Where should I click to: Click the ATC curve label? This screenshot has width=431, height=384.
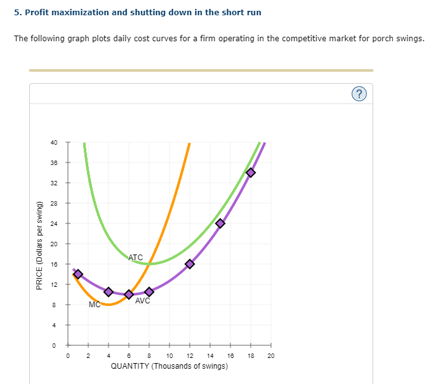click(136, 258)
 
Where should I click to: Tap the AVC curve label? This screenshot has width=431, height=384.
click(143, 301)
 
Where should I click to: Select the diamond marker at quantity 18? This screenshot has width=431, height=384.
click(251, 173)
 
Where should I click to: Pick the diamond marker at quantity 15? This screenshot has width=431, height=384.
click(220, 223)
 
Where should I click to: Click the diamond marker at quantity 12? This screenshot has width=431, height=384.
click(190, 264)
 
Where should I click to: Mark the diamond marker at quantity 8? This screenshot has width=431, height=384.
click(149, 292)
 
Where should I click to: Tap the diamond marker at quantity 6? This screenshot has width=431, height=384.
click(129, 295)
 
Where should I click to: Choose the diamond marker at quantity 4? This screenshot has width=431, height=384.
click(109, 292)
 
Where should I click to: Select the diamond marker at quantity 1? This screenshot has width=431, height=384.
click(78, 274)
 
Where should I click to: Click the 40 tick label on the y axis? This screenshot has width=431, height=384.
click(55, 142)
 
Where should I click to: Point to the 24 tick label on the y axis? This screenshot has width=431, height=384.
click(55, 223)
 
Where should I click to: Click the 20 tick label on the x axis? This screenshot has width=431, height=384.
click(270, 356)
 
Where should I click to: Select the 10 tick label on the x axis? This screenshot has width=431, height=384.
click(169, 356)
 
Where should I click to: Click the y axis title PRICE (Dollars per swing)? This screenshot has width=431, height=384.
click(40, 245)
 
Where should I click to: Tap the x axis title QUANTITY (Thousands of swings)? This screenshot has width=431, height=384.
click(169, 367)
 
